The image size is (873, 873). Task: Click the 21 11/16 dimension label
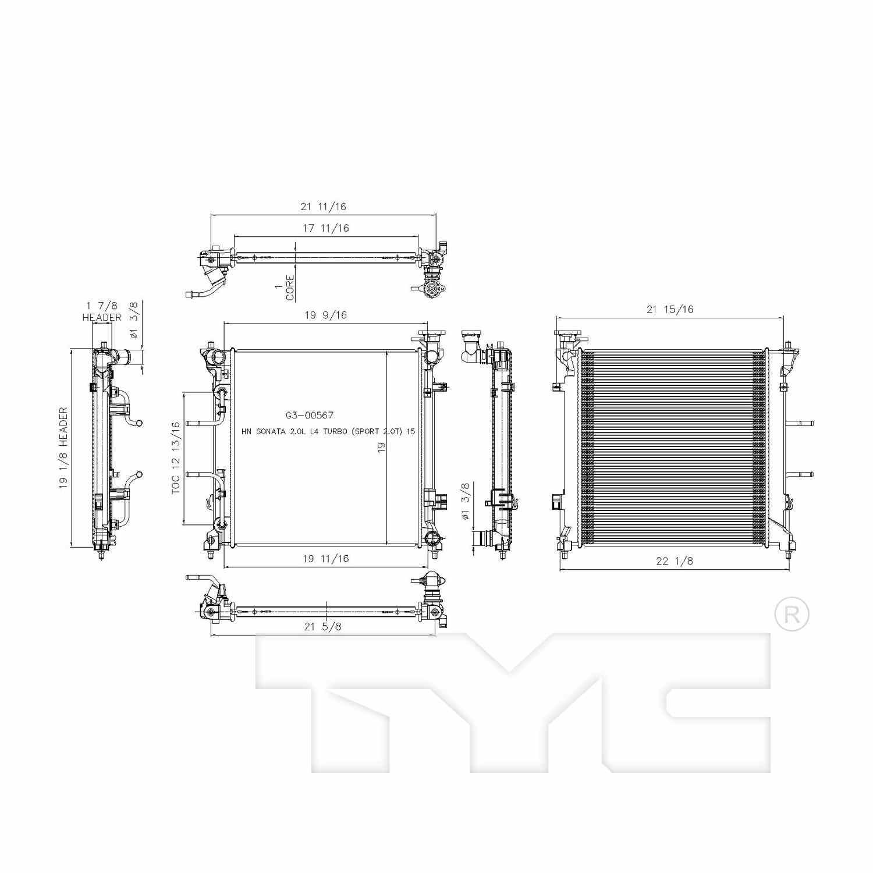click(323, 207)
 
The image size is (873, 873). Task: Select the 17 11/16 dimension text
click(325, 228)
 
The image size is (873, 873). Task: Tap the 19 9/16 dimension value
click(325, 315)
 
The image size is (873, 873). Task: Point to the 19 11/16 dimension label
click(325, 559)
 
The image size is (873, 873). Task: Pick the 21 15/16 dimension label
click(670, 310)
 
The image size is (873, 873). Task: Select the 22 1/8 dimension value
click(675, 561)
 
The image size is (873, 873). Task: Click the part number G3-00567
click(309, 416)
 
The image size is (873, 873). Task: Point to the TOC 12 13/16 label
click(176, 459)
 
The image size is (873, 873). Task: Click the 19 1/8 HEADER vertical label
click(63, 448)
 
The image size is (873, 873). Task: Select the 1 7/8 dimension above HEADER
click(102, 306)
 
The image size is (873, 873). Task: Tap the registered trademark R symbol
click(792, 615)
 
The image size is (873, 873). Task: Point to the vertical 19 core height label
click(381, 447)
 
